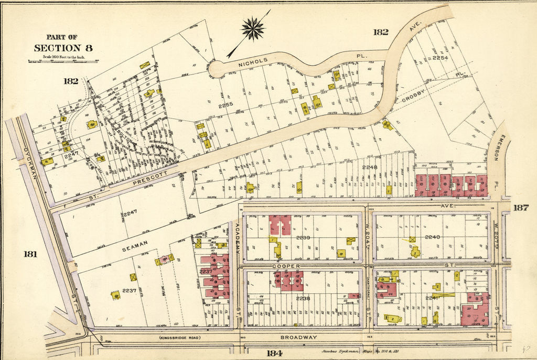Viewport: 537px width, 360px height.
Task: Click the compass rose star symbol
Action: pyautogui.click(x=253, y=28)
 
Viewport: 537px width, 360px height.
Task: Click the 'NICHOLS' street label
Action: pyautogui.click(x=253, y=61)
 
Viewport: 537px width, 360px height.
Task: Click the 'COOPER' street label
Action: pyautogui.click(x=286, y=266)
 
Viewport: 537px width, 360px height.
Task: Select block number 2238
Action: pyautogui.click(x=303, y=298)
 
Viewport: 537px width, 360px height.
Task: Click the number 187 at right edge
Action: pyautogui.click(x=520, y=208)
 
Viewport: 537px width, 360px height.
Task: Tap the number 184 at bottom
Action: pyautogui.click(x=274, y=353)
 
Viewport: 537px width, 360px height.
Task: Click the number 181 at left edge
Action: pyautogui.click(x=30, y=254)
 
